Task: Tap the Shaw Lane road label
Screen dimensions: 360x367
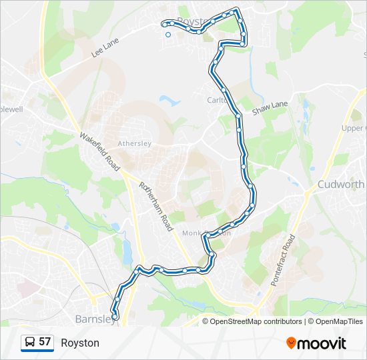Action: click(x=270, y=108)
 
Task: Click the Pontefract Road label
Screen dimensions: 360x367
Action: click(x=283, y=261)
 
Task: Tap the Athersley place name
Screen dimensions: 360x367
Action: click(x=135, y=143)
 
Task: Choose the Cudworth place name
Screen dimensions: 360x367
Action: click(x=341, y=185)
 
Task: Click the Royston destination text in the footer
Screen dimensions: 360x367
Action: click(x=80, y=343)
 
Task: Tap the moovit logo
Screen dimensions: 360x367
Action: click(x=316, y=343)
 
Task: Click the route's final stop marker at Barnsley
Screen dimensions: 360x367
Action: click(x=115, y=318)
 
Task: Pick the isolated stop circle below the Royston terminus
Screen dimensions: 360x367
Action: click(x=168, y=35)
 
